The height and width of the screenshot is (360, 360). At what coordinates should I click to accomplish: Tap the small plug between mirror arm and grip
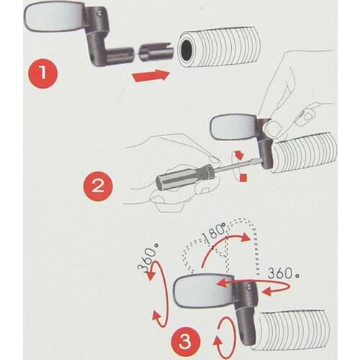click(x=153, y=53)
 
